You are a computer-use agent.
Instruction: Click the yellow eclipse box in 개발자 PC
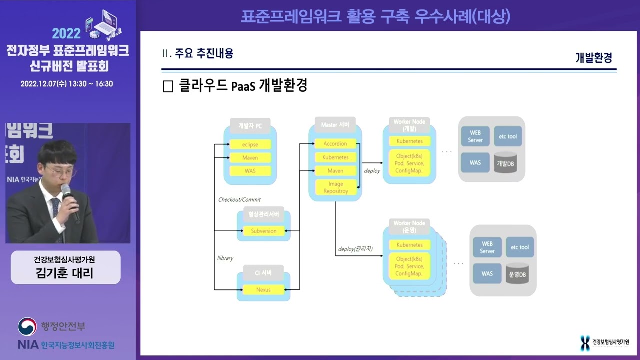pos(250,144)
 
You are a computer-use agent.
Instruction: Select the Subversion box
pos(264,231)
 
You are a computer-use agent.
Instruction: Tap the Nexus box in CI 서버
pos(264,289)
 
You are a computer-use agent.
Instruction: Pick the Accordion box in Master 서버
pos(335,143)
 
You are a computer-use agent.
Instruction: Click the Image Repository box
pos(335,187)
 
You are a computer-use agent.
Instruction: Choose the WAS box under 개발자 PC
pos(250,171)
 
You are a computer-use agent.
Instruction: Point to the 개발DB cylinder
pos(505,163)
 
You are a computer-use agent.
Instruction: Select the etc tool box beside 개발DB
pos(508,136)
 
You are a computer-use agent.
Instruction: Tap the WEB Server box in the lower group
pos(487,247)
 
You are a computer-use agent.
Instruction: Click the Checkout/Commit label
pos(239,200)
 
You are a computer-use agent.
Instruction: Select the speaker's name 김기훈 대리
pos(65,273)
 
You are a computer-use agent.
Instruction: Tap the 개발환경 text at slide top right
pos(594,58)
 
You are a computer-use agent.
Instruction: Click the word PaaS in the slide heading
pos(244,86)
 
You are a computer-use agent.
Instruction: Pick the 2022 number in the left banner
pos(66,33)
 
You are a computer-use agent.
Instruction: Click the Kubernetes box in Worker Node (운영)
pos(409,245)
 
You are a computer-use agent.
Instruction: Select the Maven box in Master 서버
pos(335,171)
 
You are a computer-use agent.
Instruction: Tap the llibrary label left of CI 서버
pos(225,258)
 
